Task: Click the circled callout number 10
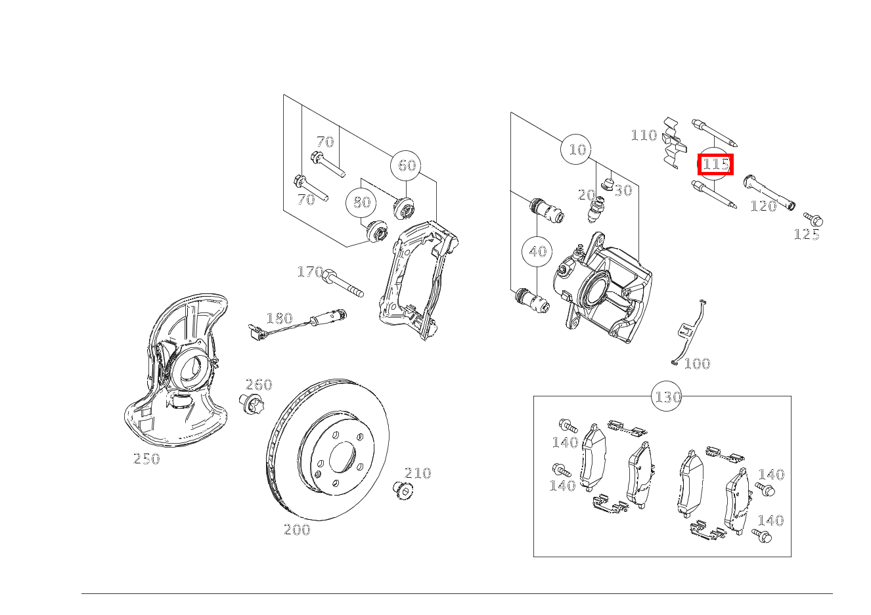(x=576, y=149)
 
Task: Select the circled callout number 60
(x=405, y=165)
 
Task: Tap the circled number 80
(x=361, y=202)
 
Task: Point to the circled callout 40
(x=537, y=252)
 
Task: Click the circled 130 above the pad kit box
(x=667, y=396)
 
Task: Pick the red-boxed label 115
(x=715, y=164)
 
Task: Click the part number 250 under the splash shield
(x=146, y=459)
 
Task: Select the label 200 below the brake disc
(x=297, y=530)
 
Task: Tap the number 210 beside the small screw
(x=418, y=473)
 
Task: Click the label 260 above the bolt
(x=259, y=385)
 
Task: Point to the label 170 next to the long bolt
(x=310, y=272)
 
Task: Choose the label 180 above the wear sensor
(x=279, y=318)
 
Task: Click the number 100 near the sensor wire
(x=697, y=364)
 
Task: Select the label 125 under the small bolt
(x=807, y=234)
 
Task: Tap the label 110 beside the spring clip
(x=644, y=135)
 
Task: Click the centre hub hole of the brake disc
(x=342, y=457)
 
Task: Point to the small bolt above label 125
(x=813, y=219)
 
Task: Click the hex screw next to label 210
(x=403, y=490)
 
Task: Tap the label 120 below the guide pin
(x=763, y=206)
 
